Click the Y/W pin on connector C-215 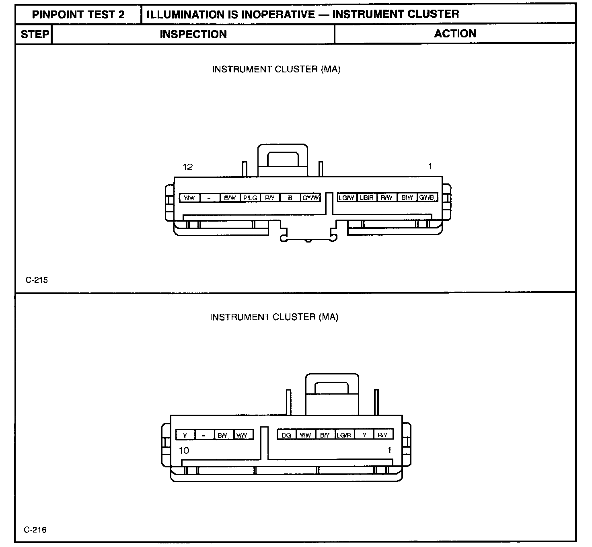[189, 198]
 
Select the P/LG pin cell [250, 198]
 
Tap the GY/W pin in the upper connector [310, 198]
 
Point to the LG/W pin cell [347, 197]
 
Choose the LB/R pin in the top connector [367, 197]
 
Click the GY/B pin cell [427, 197]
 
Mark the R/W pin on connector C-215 [386, 197]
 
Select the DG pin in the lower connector [286, 435]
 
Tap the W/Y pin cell [242, 435]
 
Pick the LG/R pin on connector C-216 [344, 435]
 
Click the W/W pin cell [306, 435]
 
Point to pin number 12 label [188, 167]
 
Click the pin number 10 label [184, 450]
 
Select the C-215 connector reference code [37, 280]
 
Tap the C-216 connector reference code [35, 530]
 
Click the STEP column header [35, 34]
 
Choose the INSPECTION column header [193, 34]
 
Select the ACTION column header [455, 33]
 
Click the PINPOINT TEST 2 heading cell [78, 14]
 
